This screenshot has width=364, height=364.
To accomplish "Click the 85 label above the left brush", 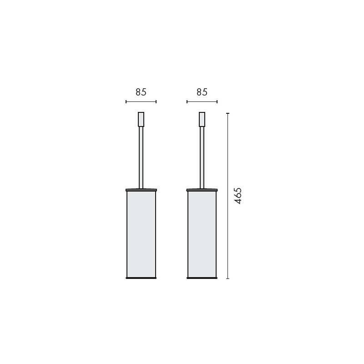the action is tap(141, 92).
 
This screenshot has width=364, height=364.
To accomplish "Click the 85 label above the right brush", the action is tap(202, 92).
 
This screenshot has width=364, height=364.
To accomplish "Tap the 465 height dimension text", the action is tap(238, 196).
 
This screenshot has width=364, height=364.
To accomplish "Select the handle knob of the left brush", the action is tap(141, 119).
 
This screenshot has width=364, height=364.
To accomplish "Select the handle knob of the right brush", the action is tap(202, 119).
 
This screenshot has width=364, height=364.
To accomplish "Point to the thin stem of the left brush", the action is tap(141, 157).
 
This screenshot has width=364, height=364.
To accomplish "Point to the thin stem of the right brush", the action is tap(202, 157).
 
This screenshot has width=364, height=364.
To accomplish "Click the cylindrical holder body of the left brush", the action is tap(141, 234).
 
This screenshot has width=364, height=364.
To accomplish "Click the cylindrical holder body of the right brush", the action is tap(202, 234).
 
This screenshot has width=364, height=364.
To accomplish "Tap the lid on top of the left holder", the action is tap(141, 190).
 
